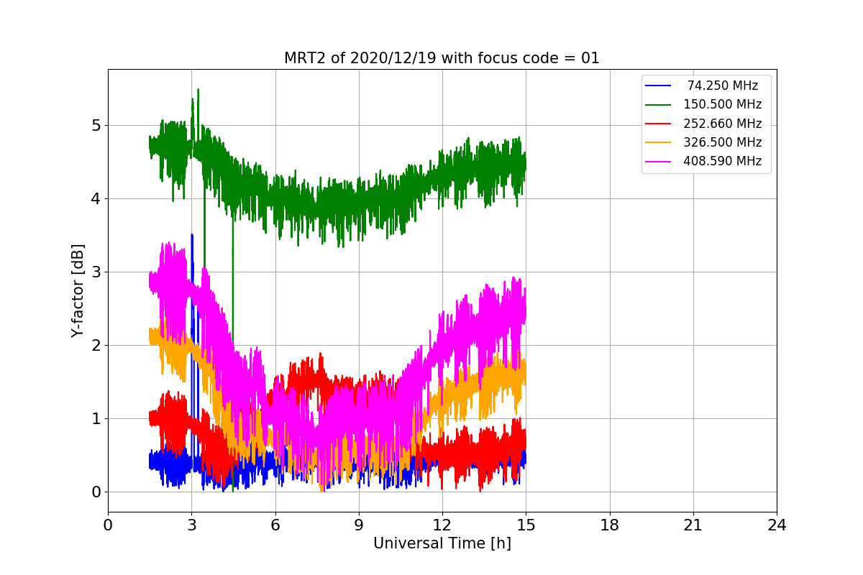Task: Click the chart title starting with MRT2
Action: click(442, 58)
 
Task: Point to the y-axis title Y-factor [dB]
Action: click(78, 290)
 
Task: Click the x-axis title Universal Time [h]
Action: click(442, 544)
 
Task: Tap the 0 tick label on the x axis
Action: click(108, 525)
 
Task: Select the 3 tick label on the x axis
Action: click(191, 525)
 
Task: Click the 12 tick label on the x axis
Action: click(442, 525)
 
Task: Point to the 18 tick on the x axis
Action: click(609, 525)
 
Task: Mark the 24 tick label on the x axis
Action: click(777, 525)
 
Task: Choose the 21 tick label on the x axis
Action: click(693, 525)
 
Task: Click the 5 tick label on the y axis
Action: click(95, 126)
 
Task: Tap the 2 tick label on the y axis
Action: click(95, 346)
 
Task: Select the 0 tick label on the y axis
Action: click(95, 492)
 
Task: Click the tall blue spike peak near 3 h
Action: click(192, 235)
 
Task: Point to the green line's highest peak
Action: click(198, 90)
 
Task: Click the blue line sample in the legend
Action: click(658, 86)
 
